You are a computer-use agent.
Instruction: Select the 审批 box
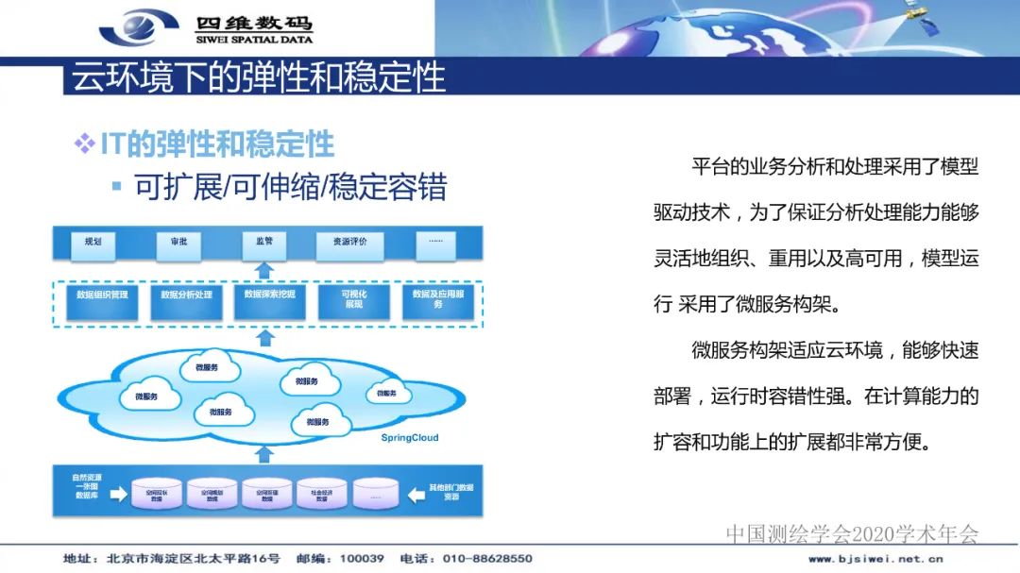click(x=178, y=243)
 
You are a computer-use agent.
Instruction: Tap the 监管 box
click(x=263, y=243)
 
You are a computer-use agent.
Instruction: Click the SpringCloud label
click(x=410, y=438)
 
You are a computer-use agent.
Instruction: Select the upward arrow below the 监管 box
click(x=265, y=272)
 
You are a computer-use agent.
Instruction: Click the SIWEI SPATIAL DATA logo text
click(x=253, y=40)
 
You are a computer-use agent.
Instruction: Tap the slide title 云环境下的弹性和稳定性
click(x=258, y=76)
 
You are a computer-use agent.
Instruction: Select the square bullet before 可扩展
click(x=117, y=185)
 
